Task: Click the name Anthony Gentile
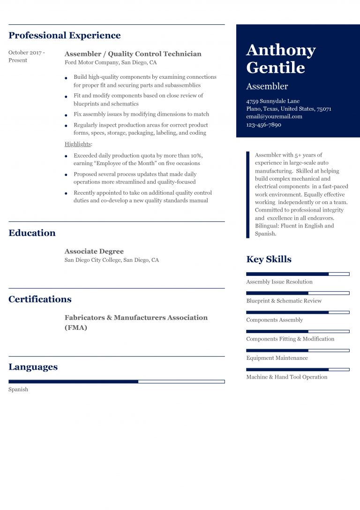point(281,59)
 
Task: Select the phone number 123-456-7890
point(263,125)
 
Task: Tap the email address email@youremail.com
point(274,117)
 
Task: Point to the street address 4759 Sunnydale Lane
point(273,101)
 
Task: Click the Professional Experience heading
point(64,36)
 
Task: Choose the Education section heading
point(32,233)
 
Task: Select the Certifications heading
point(40,299)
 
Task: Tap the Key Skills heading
point(269,259)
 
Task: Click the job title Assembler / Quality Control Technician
point(133,54)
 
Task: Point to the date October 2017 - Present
point(27,56)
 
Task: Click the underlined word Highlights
point(78,144)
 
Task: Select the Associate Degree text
point(94,251)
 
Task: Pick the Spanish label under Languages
point(18,389)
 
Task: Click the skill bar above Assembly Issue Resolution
point(298,274)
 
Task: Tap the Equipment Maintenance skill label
point(277,358)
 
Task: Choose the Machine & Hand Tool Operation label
point(286,377)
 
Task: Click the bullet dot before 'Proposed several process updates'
point(66,175)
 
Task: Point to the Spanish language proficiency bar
point(116,381)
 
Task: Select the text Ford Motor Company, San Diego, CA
point(111,62)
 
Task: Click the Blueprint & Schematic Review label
point(284,301)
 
